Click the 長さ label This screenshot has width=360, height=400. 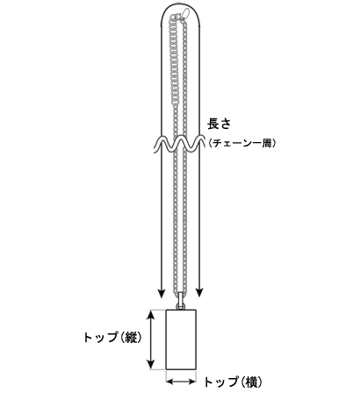[x=220, y=124]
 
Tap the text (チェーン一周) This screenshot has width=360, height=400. [x=241, y=143]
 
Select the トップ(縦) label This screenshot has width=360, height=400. [x=113, y=338]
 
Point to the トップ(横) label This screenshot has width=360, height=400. [x=233, y=382]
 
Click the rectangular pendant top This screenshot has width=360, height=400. [x=181, y=339]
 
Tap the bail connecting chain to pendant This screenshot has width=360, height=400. [x=181, y=301]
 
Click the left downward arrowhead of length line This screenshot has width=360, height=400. [x=162, y=293]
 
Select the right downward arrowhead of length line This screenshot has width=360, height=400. [x=199, y=293]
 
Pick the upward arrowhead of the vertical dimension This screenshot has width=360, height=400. [x=150, y=315]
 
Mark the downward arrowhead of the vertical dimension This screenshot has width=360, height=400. [x=150, y=364]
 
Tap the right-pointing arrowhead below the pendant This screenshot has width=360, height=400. [x=191, y=382]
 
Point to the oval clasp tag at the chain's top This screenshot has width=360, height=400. [x=185, y=13]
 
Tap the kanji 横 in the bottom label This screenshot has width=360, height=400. [x=251, y=382]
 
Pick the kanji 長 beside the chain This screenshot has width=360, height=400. [x=213, y=124]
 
